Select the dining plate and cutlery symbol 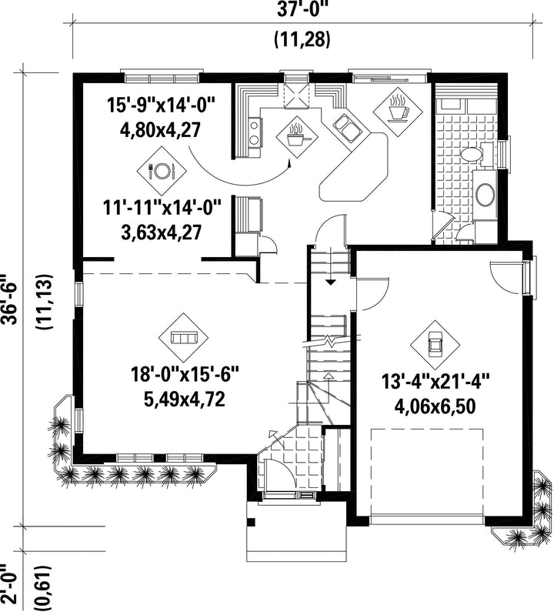point(162,170)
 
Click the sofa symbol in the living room point(183,338)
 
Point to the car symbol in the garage point(435,344)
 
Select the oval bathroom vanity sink point(486,195)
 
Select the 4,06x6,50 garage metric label point(435,407)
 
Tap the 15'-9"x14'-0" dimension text point(161,105)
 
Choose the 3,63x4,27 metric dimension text point(161,232)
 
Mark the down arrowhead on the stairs point(330,283)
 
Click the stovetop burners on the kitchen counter point(254,132)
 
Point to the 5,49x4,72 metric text point(184,400)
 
